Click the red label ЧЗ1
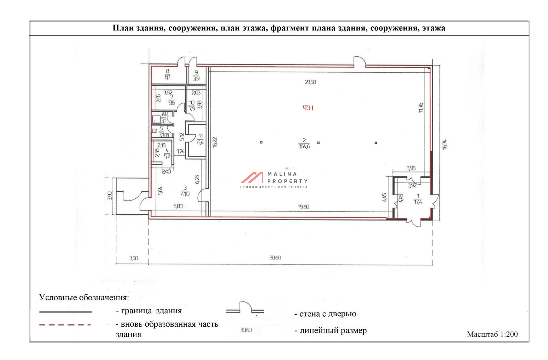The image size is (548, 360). click(308, 108)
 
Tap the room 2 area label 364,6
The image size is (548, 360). click(304, 143)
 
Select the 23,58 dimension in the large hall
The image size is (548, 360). click(311, 82)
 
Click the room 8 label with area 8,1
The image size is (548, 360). click(168, 74)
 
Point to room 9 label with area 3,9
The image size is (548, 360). click(196, 76)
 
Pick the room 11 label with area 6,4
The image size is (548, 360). click(200, 139)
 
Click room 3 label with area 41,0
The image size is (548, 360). click(185, 191)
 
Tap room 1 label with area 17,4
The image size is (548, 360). click(418, 199)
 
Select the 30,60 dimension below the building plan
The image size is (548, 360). click(275, 258)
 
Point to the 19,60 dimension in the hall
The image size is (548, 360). click(304, 207)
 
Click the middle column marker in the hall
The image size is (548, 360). click(318, 142)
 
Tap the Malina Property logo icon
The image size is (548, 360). click(252, 178)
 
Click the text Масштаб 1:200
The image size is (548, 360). click(492, 334)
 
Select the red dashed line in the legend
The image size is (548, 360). click(65, 325)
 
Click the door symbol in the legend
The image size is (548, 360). click(245, 308)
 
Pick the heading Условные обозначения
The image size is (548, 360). click(84, 297)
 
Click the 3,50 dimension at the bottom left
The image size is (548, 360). click(134, 258)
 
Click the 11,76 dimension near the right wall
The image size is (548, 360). click(421, 108)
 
